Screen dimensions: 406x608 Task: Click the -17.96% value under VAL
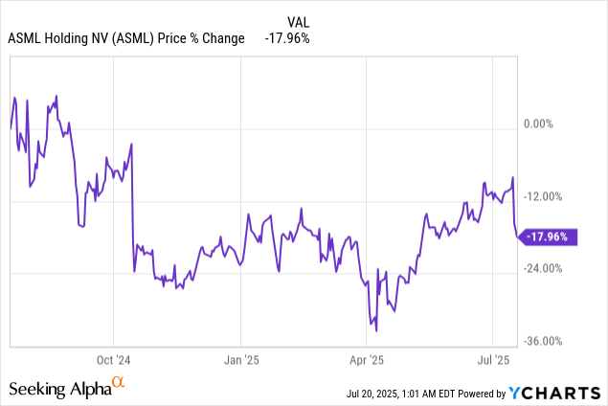click(x=288, y=38)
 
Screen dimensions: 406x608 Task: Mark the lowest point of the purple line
click(x=376, y=331)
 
